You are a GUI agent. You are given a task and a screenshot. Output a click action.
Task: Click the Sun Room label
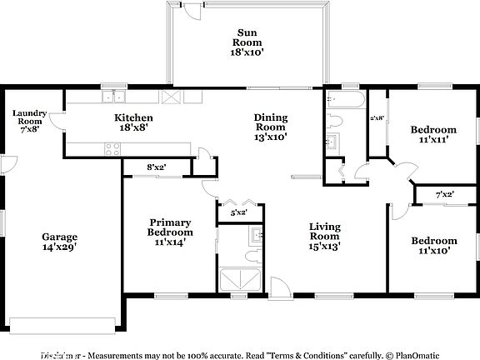coord(247,42)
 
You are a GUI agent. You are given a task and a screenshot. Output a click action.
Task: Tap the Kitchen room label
coord(133,123)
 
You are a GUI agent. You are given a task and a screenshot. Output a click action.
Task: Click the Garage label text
coord(60,242)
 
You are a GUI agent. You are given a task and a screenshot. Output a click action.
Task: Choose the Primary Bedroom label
coord(171,232)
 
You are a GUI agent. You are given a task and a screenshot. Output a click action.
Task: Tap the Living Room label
coord(324,235)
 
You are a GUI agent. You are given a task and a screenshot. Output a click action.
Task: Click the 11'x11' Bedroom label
coord(433,135)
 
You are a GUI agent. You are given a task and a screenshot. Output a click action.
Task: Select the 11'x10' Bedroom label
coord(433,246)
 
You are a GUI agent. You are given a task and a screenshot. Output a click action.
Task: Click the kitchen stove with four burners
coord(111,149)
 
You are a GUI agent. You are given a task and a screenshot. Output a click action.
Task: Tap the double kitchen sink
coord(111,97)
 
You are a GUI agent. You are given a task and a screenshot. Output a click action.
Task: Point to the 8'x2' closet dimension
coord(156,167)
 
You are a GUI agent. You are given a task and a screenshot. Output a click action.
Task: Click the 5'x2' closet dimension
coord(238,213)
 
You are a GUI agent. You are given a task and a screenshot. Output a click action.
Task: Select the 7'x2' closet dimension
coord(445,195)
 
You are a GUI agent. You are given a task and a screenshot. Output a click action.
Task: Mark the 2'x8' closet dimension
coord(377,118)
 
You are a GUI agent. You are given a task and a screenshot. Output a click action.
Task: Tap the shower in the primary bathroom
coord(239,277)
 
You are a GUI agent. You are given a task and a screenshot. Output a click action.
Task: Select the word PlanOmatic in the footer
coord(417,353)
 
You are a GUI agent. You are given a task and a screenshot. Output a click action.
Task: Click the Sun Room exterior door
coord(192,10)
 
